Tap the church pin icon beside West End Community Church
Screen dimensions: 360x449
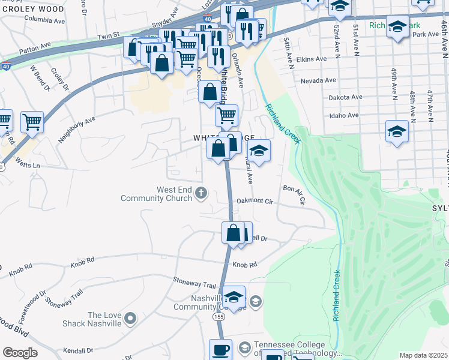click(201, 193)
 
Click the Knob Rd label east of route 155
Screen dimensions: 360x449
click(244, 265)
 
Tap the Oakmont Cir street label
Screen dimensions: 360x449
click(255, 202)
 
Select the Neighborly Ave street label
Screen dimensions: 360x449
click(76, 129)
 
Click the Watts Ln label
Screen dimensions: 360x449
click(28, 163)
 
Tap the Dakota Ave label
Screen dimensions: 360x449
click(345, 97)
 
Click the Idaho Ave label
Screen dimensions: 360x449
click(344, 115)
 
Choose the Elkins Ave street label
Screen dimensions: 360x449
click(312, 59)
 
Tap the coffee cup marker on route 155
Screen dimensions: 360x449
click(220, 349)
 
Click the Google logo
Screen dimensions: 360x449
click(20, 353)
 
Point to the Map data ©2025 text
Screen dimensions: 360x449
click(423, 355)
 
